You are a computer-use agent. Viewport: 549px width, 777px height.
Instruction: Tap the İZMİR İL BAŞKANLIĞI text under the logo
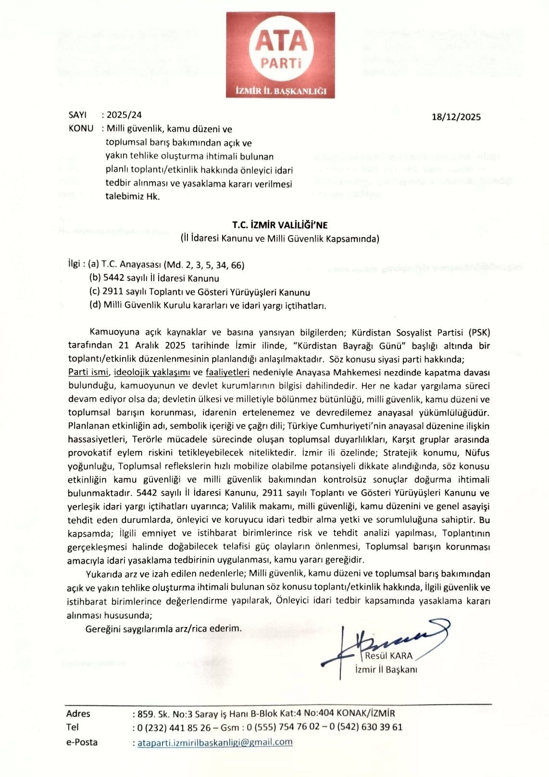[x=281, y=91]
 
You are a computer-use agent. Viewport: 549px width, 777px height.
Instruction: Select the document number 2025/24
[x=124, y=115]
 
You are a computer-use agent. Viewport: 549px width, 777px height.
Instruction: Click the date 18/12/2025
[x=456, y=117]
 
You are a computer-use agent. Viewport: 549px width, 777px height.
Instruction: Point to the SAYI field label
[x=77, y=115]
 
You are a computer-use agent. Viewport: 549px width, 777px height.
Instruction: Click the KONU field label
[x=81, y=129]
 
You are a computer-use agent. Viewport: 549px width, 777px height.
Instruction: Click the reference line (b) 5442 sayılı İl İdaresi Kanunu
[x=154, y=278]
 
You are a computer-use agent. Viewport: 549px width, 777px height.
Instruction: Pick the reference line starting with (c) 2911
[x=200, y=292]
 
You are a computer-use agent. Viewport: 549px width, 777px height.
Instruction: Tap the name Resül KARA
[x=388, y=656]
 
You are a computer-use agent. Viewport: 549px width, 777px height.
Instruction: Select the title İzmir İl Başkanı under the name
[x=386, y=669]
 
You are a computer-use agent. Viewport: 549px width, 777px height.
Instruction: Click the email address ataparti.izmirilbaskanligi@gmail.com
[x=215, y=742]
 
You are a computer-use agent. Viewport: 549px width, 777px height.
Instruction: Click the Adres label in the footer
[x=78, y=714]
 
